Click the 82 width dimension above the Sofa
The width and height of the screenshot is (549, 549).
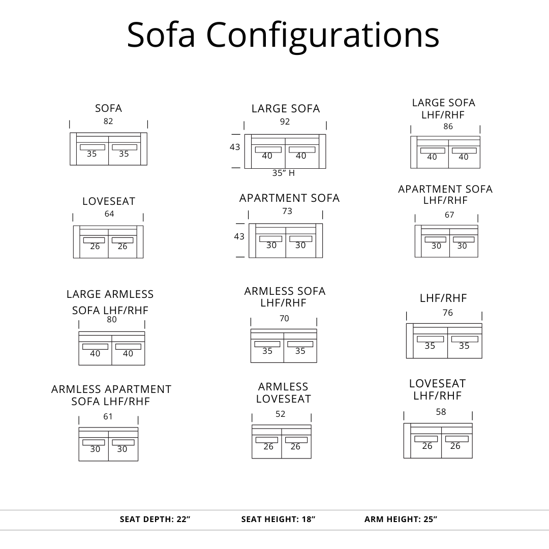(x=108, y=121)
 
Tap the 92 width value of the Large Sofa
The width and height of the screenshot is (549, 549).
(x=285, y=121)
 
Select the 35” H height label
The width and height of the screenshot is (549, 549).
(x=284, y=173)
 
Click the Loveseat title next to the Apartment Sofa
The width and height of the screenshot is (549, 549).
(x=109, y=201)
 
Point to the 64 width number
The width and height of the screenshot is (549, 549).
(x=109, y=214)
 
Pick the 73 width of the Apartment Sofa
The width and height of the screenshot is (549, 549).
(x=287, y=211)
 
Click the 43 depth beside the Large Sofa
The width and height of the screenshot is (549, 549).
(x=235, y=147)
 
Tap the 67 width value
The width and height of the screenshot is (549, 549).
(x=449, y=215)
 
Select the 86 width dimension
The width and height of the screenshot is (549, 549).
(x=448, y=127)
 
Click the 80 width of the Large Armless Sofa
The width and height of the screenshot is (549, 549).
(x=112, y=320)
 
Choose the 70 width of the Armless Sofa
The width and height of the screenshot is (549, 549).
(x=284, y=319)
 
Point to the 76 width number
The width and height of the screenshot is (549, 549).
(x=448, y=313)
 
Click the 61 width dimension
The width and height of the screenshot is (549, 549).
(x=108, y=417)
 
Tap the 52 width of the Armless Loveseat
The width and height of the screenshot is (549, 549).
(x=281, y=414)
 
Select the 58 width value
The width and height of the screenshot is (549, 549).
(x=441, y=412)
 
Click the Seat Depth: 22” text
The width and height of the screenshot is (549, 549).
(x=155, y=520)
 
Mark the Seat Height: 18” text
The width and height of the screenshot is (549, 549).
(x=278, y=520)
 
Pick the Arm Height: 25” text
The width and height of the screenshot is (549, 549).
(x=401, y=520)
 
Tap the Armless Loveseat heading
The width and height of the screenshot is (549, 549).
(x=283, y=393)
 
